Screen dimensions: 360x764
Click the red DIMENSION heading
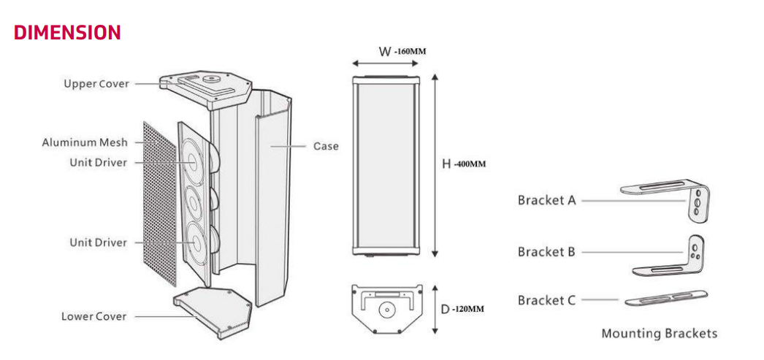point(66,32)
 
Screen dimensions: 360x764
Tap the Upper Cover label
point(96,83)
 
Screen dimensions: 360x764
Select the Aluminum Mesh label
point(84,142)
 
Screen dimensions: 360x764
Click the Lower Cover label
point(93,316)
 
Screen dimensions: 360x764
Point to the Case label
point(326,146)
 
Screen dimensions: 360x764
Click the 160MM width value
point(410,52)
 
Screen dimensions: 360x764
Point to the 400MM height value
point(470,164)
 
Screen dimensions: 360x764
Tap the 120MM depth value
point(468,309)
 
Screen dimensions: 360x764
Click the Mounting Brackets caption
point(659,334)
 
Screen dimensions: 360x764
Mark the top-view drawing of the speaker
point(386,309)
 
